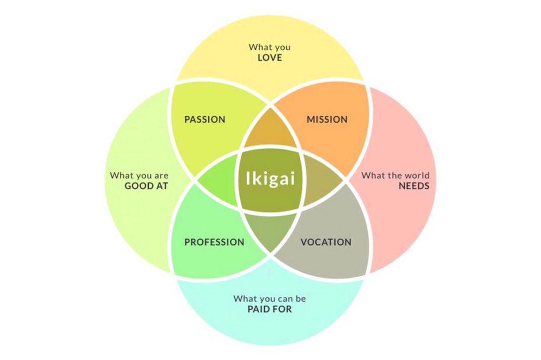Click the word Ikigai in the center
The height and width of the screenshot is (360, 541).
coord(270,178)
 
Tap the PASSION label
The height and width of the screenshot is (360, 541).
coord(204,119)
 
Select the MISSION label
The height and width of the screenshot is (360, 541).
coord(327,119)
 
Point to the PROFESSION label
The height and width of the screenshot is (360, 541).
coord(214,242)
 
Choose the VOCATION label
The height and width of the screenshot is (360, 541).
coord(326,242)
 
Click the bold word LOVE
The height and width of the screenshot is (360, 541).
coord(270,58)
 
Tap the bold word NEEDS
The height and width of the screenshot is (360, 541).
coord(414,186)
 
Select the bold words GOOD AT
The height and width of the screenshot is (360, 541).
coord(146,186)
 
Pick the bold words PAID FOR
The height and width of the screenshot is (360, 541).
coord(270,309)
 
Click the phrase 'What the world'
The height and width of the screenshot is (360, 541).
coord(395,175)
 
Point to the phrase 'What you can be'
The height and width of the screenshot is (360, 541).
coord(269,298)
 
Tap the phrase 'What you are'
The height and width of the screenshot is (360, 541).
coord(139,176)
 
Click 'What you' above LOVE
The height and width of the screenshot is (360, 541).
coord(269,47)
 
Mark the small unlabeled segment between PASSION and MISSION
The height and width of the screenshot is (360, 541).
coord(270,130)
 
